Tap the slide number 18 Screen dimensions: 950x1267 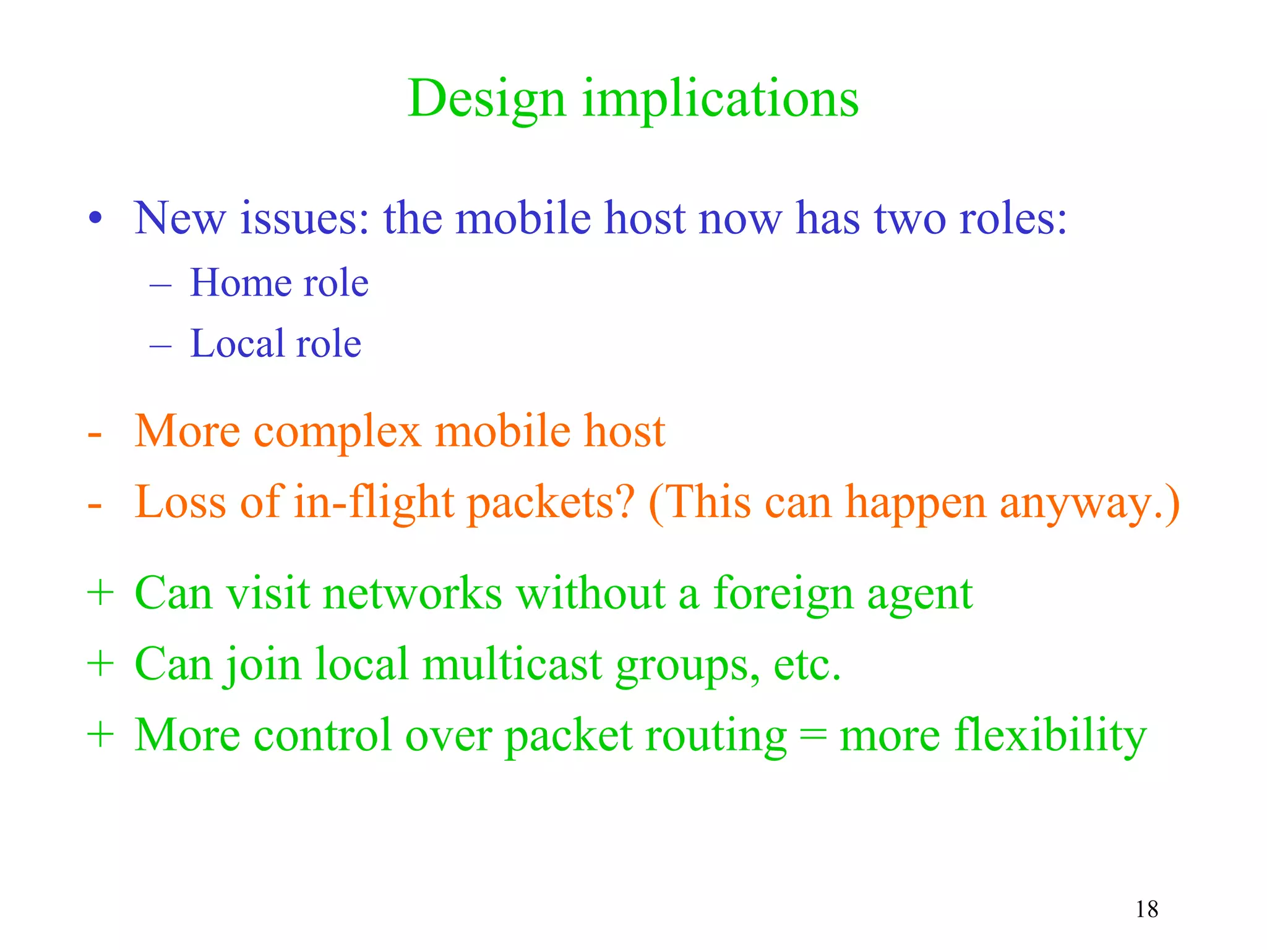[1146, 909]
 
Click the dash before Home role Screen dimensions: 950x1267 [160, 285]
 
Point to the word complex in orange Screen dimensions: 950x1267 [337, 431]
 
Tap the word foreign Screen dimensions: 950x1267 [783, 594]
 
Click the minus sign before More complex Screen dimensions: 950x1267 [95, 433]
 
